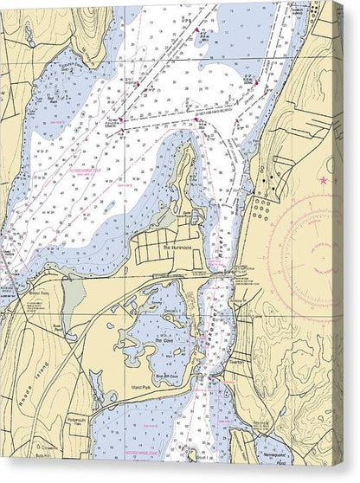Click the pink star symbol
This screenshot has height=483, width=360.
click(x=325, y=181)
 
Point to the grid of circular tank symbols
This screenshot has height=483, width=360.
click(x=260, y=209)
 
